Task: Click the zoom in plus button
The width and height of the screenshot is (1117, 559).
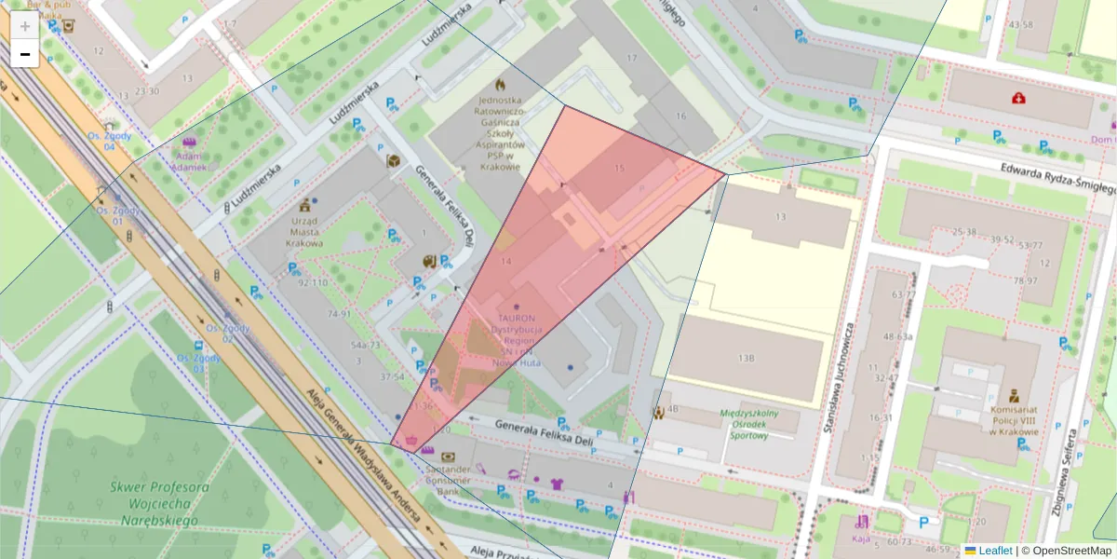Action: pos(25,26)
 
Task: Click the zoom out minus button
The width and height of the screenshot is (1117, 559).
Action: pos(25,55)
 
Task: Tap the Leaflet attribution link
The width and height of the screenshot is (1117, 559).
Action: pos(995,551)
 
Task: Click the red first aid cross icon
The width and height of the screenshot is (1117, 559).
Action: pos(1019,97)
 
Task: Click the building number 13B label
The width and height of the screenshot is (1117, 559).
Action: pos(746,358)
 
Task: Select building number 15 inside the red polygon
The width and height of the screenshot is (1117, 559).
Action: pos(620,169)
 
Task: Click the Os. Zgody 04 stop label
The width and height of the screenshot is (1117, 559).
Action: pos(109,141)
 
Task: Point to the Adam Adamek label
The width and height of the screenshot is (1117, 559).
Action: pos(190,161)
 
